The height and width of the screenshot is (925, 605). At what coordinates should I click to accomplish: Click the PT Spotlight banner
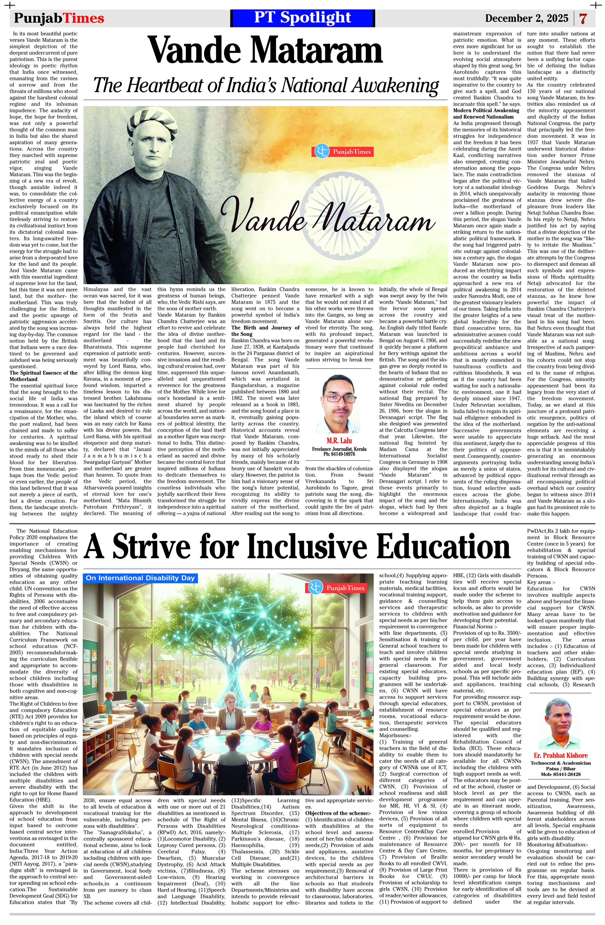coord(302,18)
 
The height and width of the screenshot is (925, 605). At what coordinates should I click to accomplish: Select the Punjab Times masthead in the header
coord(59,18)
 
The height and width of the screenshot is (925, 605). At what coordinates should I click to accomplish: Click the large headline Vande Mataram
coord(266,50)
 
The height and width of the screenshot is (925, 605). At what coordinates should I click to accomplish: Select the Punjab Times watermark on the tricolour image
coord(342,151)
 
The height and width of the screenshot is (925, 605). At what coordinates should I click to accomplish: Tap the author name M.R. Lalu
coord(339,440)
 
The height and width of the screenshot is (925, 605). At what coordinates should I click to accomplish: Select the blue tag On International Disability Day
coord(140,578)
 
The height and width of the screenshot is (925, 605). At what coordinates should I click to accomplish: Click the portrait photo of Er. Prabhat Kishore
coord(560,723)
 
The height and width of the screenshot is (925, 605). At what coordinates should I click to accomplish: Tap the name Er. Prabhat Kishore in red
coord(560,755)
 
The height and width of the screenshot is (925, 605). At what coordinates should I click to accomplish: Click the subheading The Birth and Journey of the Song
coord(265,331)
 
